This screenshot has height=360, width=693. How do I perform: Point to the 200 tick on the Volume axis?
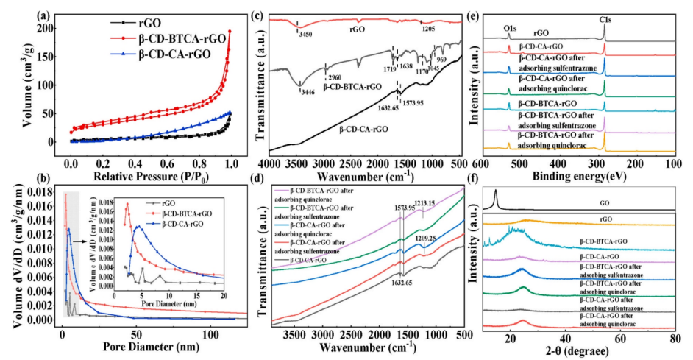pyautogui.click(x=51, y=27)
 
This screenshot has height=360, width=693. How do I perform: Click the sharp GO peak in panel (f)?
pyautogui.click(x=496, y=195)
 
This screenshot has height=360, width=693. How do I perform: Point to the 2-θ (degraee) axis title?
pyautogui.click(x=579, y=352)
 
